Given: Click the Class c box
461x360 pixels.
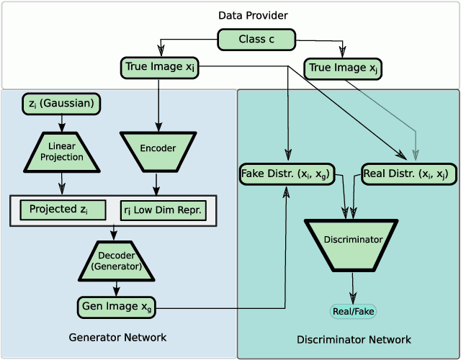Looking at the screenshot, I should (x=256, y=40).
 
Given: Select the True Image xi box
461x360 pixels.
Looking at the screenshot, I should (x=160, y=68).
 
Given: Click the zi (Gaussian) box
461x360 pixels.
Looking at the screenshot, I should (x=62, y=104).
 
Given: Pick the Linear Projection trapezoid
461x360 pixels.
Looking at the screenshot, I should (x=62, y=152).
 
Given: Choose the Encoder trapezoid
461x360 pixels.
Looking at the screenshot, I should (x=158, y=148).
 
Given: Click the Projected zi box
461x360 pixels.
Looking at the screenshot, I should (x=63, y=210).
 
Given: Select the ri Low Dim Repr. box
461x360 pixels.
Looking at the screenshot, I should (x=162, y=210).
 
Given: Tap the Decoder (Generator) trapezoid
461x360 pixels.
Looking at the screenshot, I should (x=115, y=261).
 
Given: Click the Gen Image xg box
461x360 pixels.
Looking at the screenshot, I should (x=117, y=307).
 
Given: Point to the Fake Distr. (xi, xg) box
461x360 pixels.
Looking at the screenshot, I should (x=287, y=174).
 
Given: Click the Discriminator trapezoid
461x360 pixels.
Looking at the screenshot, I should (x=353, y=240).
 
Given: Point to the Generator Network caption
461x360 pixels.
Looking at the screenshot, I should (x=117, y=337).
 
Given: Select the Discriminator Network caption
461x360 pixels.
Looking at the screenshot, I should (x=354, y=339).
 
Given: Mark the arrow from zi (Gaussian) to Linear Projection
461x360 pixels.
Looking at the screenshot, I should (x=62, y=122).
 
